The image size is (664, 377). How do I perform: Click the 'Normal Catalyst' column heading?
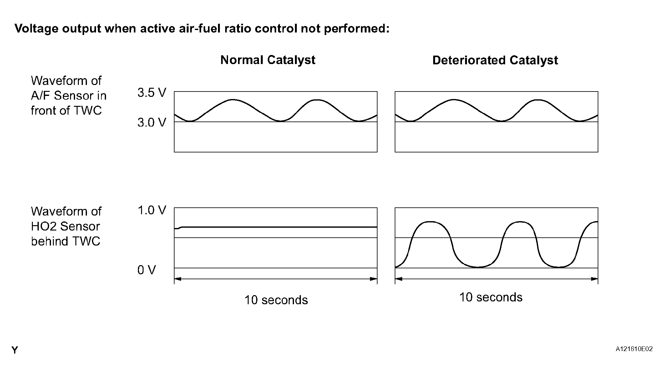[x=268, y=60]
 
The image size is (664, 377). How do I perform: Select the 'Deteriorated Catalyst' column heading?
[x=495, y=60]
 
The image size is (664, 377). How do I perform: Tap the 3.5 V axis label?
[x=152, y=93]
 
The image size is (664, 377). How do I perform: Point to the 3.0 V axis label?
[x=152, y=122]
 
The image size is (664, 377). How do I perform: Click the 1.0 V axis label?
[x=152, y=211]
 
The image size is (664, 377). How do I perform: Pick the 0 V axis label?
[x=146, y=270]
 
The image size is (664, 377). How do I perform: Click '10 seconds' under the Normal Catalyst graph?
[x=276, y=300]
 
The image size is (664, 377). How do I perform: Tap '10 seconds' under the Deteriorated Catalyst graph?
[x=490, y=297]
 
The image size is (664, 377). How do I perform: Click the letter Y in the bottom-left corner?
[x=15, y=350]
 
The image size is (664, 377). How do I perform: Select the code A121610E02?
[x=634, y=349]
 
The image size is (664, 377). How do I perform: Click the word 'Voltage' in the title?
[x=36, y=29]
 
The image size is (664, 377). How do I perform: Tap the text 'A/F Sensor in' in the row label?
[x=68, y=96]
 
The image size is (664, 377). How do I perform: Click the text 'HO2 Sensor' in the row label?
[x=65, y=226]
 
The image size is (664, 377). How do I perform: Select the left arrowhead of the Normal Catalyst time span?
[x=177, y=279]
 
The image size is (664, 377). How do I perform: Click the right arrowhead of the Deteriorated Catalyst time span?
[x=595, y=279]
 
